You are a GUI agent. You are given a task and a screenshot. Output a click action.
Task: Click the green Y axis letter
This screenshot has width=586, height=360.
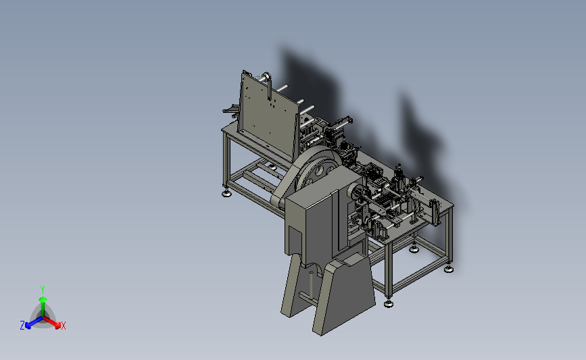pos(42,290)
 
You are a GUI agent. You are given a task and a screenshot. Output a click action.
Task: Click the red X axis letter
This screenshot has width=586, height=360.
pos(63,326)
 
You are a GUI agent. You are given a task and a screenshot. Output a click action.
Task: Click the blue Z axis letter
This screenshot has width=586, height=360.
pos(22,326)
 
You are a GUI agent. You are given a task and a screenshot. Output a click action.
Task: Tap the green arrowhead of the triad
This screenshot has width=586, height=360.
pos(43,299)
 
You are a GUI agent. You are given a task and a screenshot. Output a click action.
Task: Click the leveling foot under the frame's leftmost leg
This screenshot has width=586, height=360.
pos(226,193)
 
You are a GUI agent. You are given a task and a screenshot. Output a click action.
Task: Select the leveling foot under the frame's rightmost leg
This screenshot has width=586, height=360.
pos(449,269)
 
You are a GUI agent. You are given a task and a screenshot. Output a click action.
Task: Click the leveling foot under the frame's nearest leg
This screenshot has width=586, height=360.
pos(388,304)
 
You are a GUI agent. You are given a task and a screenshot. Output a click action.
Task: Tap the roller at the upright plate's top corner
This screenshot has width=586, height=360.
pos(266,77)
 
